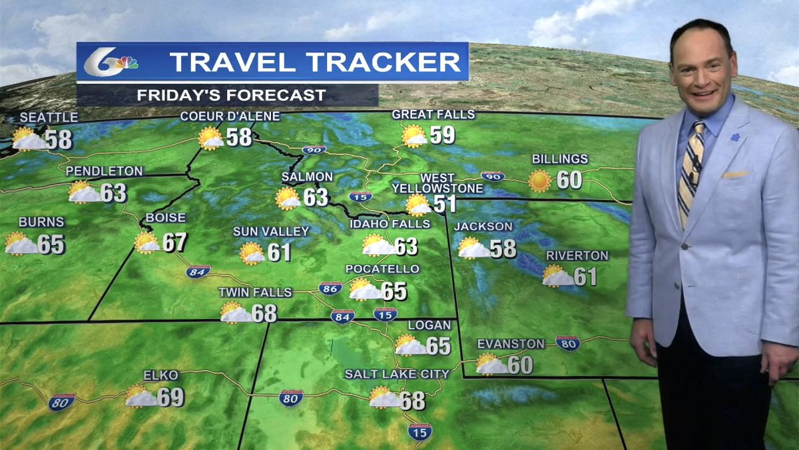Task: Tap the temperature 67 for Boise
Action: click(x=174, y=242)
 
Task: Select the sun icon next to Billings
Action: click(x=539, y=181)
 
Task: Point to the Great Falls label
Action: click(x=433, y=115)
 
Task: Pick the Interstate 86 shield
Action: click(x=330, y=288)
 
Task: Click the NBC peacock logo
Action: click(x=125, y=63)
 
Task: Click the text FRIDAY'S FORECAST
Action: click(x=231, y=95)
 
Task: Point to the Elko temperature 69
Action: click(x=171, y=397)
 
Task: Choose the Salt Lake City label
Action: click(x=397, y=374)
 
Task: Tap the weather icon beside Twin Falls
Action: click(x=235, y=313)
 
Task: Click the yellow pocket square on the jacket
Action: click(x=735, y=175)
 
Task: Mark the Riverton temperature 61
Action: click(x=585, y=276)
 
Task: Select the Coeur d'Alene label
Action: click(x=230, y=117)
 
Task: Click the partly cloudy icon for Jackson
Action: click(x=473, y=248)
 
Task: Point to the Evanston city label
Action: click(x=511, y=344)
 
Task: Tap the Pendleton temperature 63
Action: click(x=113, y=193)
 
